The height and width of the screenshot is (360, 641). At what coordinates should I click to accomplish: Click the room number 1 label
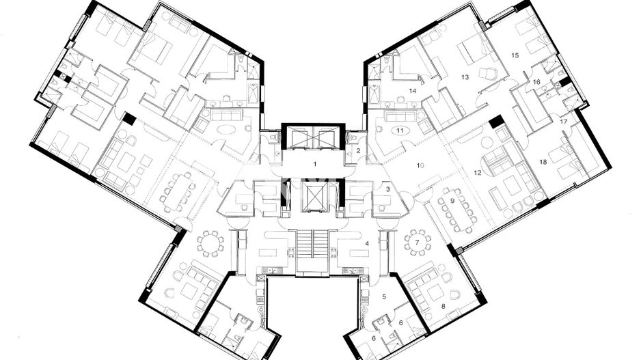(315, 164)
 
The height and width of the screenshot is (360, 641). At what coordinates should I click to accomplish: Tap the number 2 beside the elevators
(358, 150)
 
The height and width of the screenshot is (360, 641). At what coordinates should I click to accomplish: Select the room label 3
(387, 189)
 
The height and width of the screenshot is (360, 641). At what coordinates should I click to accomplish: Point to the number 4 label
(367, 243)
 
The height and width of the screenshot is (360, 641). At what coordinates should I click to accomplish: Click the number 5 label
(384, 296)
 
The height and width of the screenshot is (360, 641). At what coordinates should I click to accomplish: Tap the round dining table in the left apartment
(210, 243)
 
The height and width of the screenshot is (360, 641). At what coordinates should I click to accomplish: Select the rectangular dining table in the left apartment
(179, 191)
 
